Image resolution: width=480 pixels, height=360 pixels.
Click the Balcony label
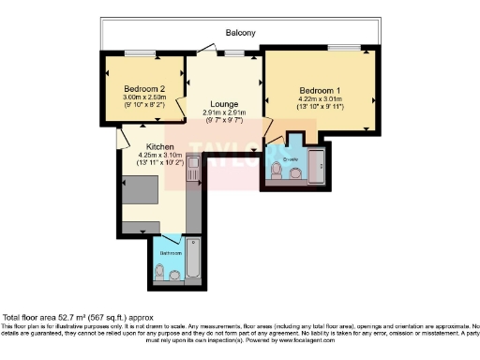pyautogui.click(x=241, y=33)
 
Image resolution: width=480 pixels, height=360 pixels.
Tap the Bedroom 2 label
pyautogui.click(x=143, y=87)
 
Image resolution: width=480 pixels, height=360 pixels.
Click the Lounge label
pyautogui.click(x=224, y=104)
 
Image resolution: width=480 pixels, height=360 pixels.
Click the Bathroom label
pyautogui.click(x=170, y=254)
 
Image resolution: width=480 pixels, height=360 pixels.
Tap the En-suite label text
pyautogui.click(x=294, y=159)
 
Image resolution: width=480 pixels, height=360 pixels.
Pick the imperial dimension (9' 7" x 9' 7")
pyautogui.click(x=224, y=121)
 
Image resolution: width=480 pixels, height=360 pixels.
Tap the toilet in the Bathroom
pyautogui.click(x=160, y=272)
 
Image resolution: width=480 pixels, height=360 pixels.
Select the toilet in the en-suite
pyautogui.click(x=277, y=172)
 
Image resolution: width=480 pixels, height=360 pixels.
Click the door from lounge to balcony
pyautogui.click(x=230, y=53)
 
